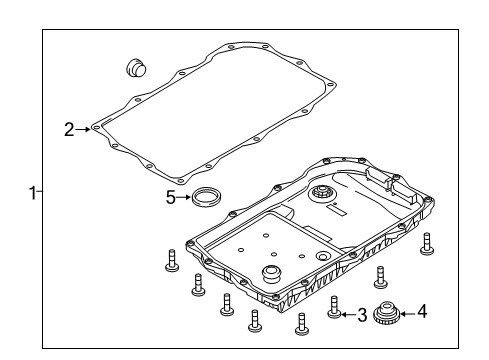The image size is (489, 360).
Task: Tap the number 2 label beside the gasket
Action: pos(68,128)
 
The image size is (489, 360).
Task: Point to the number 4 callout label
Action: pos(422,313)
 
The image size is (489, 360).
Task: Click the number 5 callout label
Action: pos(171,197)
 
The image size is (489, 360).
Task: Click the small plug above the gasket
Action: pos(133,67)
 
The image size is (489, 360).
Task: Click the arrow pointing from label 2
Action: pos(83,128)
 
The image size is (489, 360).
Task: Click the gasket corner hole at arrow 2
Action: pos(95,128)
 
